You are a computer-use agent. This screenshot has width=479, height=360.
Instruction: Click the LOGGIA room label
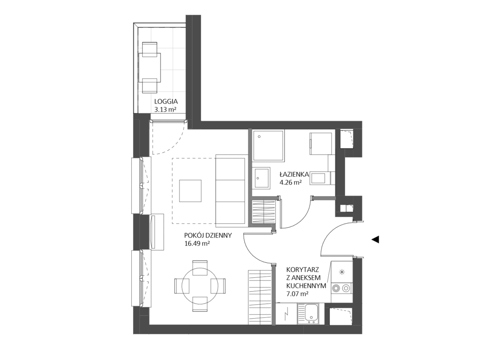click(166, 102)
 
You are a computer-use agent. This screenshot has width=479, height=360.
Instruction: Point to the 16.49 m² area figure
click(197, 243)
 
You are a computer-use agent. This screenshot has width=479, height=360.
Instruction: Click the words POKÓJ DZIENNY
click(208, 235)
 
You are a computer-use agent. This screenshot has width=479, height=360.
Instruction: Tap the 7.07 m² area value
click(297, 294)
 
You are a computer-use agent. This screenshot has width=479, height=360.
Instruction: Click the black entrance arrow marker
click(375, 239)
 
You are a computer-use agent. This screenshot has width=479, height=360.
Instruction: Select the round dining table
click(200, 285)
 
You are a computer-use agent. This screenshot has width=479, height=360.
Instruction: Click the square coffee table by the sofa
click(190, 191)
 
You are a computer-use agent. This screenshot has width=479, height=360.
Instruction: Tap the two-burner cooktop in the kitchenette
click(341, 288)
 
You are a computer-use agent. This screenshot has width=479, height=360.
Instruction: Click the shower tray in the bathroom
click(268, 145)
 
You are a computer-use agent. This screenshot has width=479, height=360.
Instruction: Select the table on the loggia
click(150, 67)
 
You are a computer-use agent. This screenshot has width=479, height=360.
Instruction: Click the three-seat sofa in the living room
click(231, 191)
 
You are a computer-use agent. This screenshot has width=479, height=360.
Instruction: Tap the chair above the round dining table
click(200, 265)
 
